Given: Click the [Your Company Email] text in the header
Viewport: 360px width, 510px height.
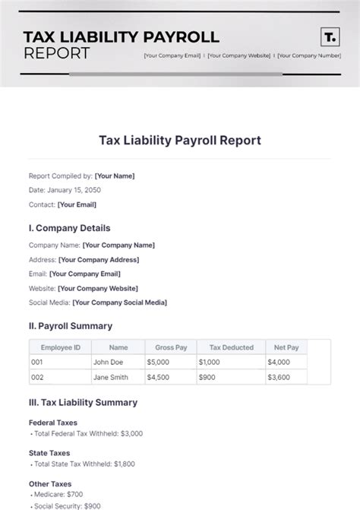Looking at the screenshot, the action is click(x=172, y=55).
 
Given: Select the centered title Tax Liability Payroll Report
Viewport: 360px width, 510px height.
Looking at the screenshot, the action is click(x=180, y=140).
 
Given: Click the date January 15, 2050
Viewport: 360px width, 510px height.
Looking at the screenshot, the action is click(x=74, y=190).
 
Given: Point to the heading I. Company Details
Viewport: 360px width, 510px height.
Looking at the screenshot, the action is click(x=69, y=228).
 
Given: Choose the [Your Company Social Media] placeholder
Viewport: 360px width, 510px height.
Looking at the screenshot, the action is click(x=119, y=303).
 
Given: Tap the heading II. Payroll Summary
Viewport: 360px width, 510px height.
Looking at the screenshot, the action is click(x=70, y=326).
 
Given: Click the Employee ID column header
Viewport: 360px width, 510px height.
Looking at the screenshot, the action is click(x=60, y=347).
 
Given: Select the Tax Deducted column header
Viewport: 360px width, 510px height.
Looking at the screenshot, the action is click(x=231, y=347).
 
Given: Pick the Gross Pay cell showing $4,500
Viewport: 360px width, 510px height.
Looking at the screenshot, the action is click(x=160, y=377).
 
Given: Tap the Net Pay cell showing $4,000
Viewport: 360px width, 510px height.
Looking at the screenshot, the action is click(x=279, y=363).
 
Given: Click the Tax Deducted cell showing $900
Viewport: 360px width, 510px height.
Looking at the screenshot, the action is click(x=209, y=377).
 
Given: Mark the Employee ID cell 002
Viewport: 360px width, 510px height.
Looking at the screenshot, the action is click(x=38, y=377).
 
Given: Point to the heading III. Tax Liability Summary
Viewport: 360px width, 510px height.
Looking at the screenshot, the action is click(x=83, y=402).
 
